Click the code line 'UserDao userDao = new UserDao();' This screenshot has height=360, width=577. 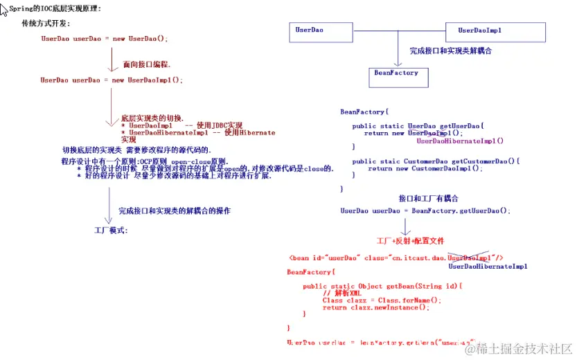click(105, 39)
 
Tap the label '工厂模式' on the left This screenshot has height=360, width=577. click(111, 230)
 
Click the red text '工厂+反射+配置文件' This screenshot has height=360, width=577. click(409, 241)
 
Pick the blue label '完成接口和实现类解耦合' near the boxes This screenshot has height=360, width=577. click(450, 51)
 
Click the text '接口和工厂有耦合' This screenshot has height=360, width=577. click(428, 199)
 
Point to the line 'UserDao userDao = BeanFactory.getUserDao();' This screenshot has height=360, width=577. click(425, 210)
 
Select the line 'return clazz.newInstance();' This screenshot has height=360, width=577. click(375, 307)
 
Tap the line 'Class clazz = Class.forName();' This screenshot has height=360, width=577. click(381, 300)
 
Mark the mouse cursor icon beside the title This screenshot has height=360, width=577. click(4, 8)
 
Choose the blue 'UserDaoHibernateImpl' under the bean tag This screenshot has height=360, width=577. click(488, 267)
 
